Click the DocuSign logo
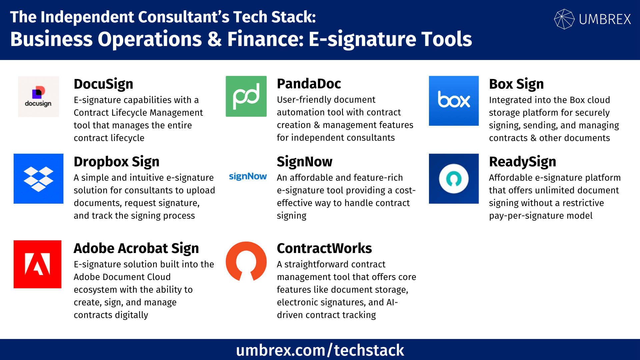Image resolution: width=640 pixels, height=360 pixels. point(38,97)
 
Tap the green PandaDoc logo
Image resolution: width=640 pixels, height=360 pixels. point(246,96)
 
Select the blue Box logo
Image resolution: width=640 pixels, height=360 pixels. point(453,101)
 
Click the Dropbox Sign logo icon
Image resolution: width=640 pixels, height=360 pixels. point(38,179)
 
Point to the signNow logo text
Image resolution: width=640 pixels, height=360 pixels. point(248,176)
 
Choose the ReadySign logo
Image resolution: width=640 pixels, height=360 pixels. point(453,179)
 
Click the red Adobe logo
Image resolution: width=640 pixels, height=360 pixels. point(37,264)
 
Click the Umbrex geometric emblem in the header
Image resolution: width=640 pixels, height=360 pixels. point(564,19)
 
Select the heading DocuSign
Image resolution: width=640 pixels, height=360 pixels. point(103,84)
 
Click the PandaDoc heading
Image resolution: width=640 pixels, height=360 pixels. point(309,84)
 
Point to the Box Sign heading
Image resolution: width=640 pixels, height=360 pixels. point(516,84)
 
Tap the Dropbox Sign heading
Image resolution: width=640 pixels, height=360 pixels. point(116,162)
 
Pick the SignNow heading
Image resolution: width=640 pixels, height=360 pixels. point(304,162)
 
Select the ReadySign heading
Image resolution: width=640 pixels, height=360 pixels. point(522,162)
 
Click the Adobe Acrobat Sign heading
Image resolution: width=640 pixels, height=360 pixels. point(136,248)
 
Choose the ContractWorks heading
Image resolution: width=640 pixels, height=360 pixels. point(324,248)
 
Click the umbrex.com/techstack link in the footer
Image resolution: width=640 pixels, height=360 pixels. point(320,350)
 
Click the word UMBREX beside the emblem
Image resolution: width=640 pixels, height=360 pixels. point(605,19)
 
